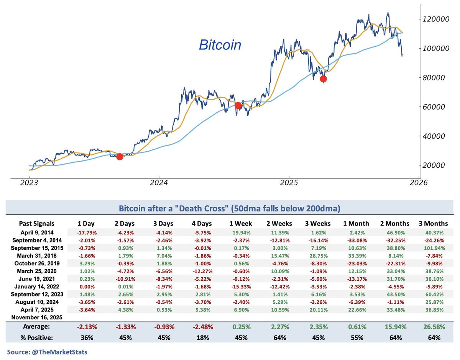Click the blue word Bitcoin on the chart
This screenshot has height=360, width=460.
tap(220, 45)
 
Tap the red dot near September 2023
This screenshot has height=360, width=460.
tap(120, 156)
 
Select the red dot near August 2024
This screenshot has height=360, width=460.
tap(238, 105)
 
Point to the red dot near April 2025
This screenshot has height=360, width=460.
tap(323, 79)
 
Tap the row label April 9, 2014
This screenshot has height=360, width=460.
tap(37, 232)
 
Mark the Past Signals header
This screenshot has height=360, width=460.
tap(37, 223)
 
